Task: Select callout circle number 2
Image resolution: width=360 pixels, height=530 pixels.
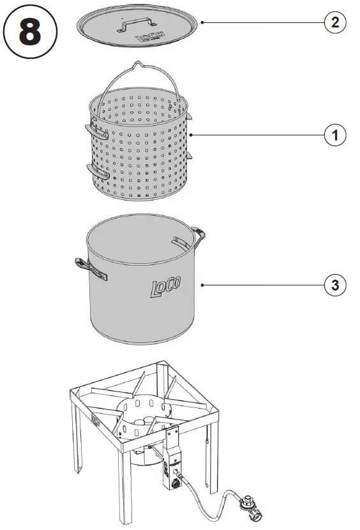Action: pos(334,22)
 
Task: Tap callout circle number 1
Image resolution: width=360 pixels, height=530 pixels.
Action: pos(334,135)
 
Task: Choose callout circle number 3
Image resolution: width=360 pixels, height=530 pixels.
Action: pos(334,285)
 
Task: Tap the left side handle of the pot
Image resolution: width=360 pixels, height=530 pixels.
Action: pos(89,268)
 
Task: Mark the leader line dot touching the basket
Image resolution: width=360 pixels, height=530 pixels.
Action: pos(191,135)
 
